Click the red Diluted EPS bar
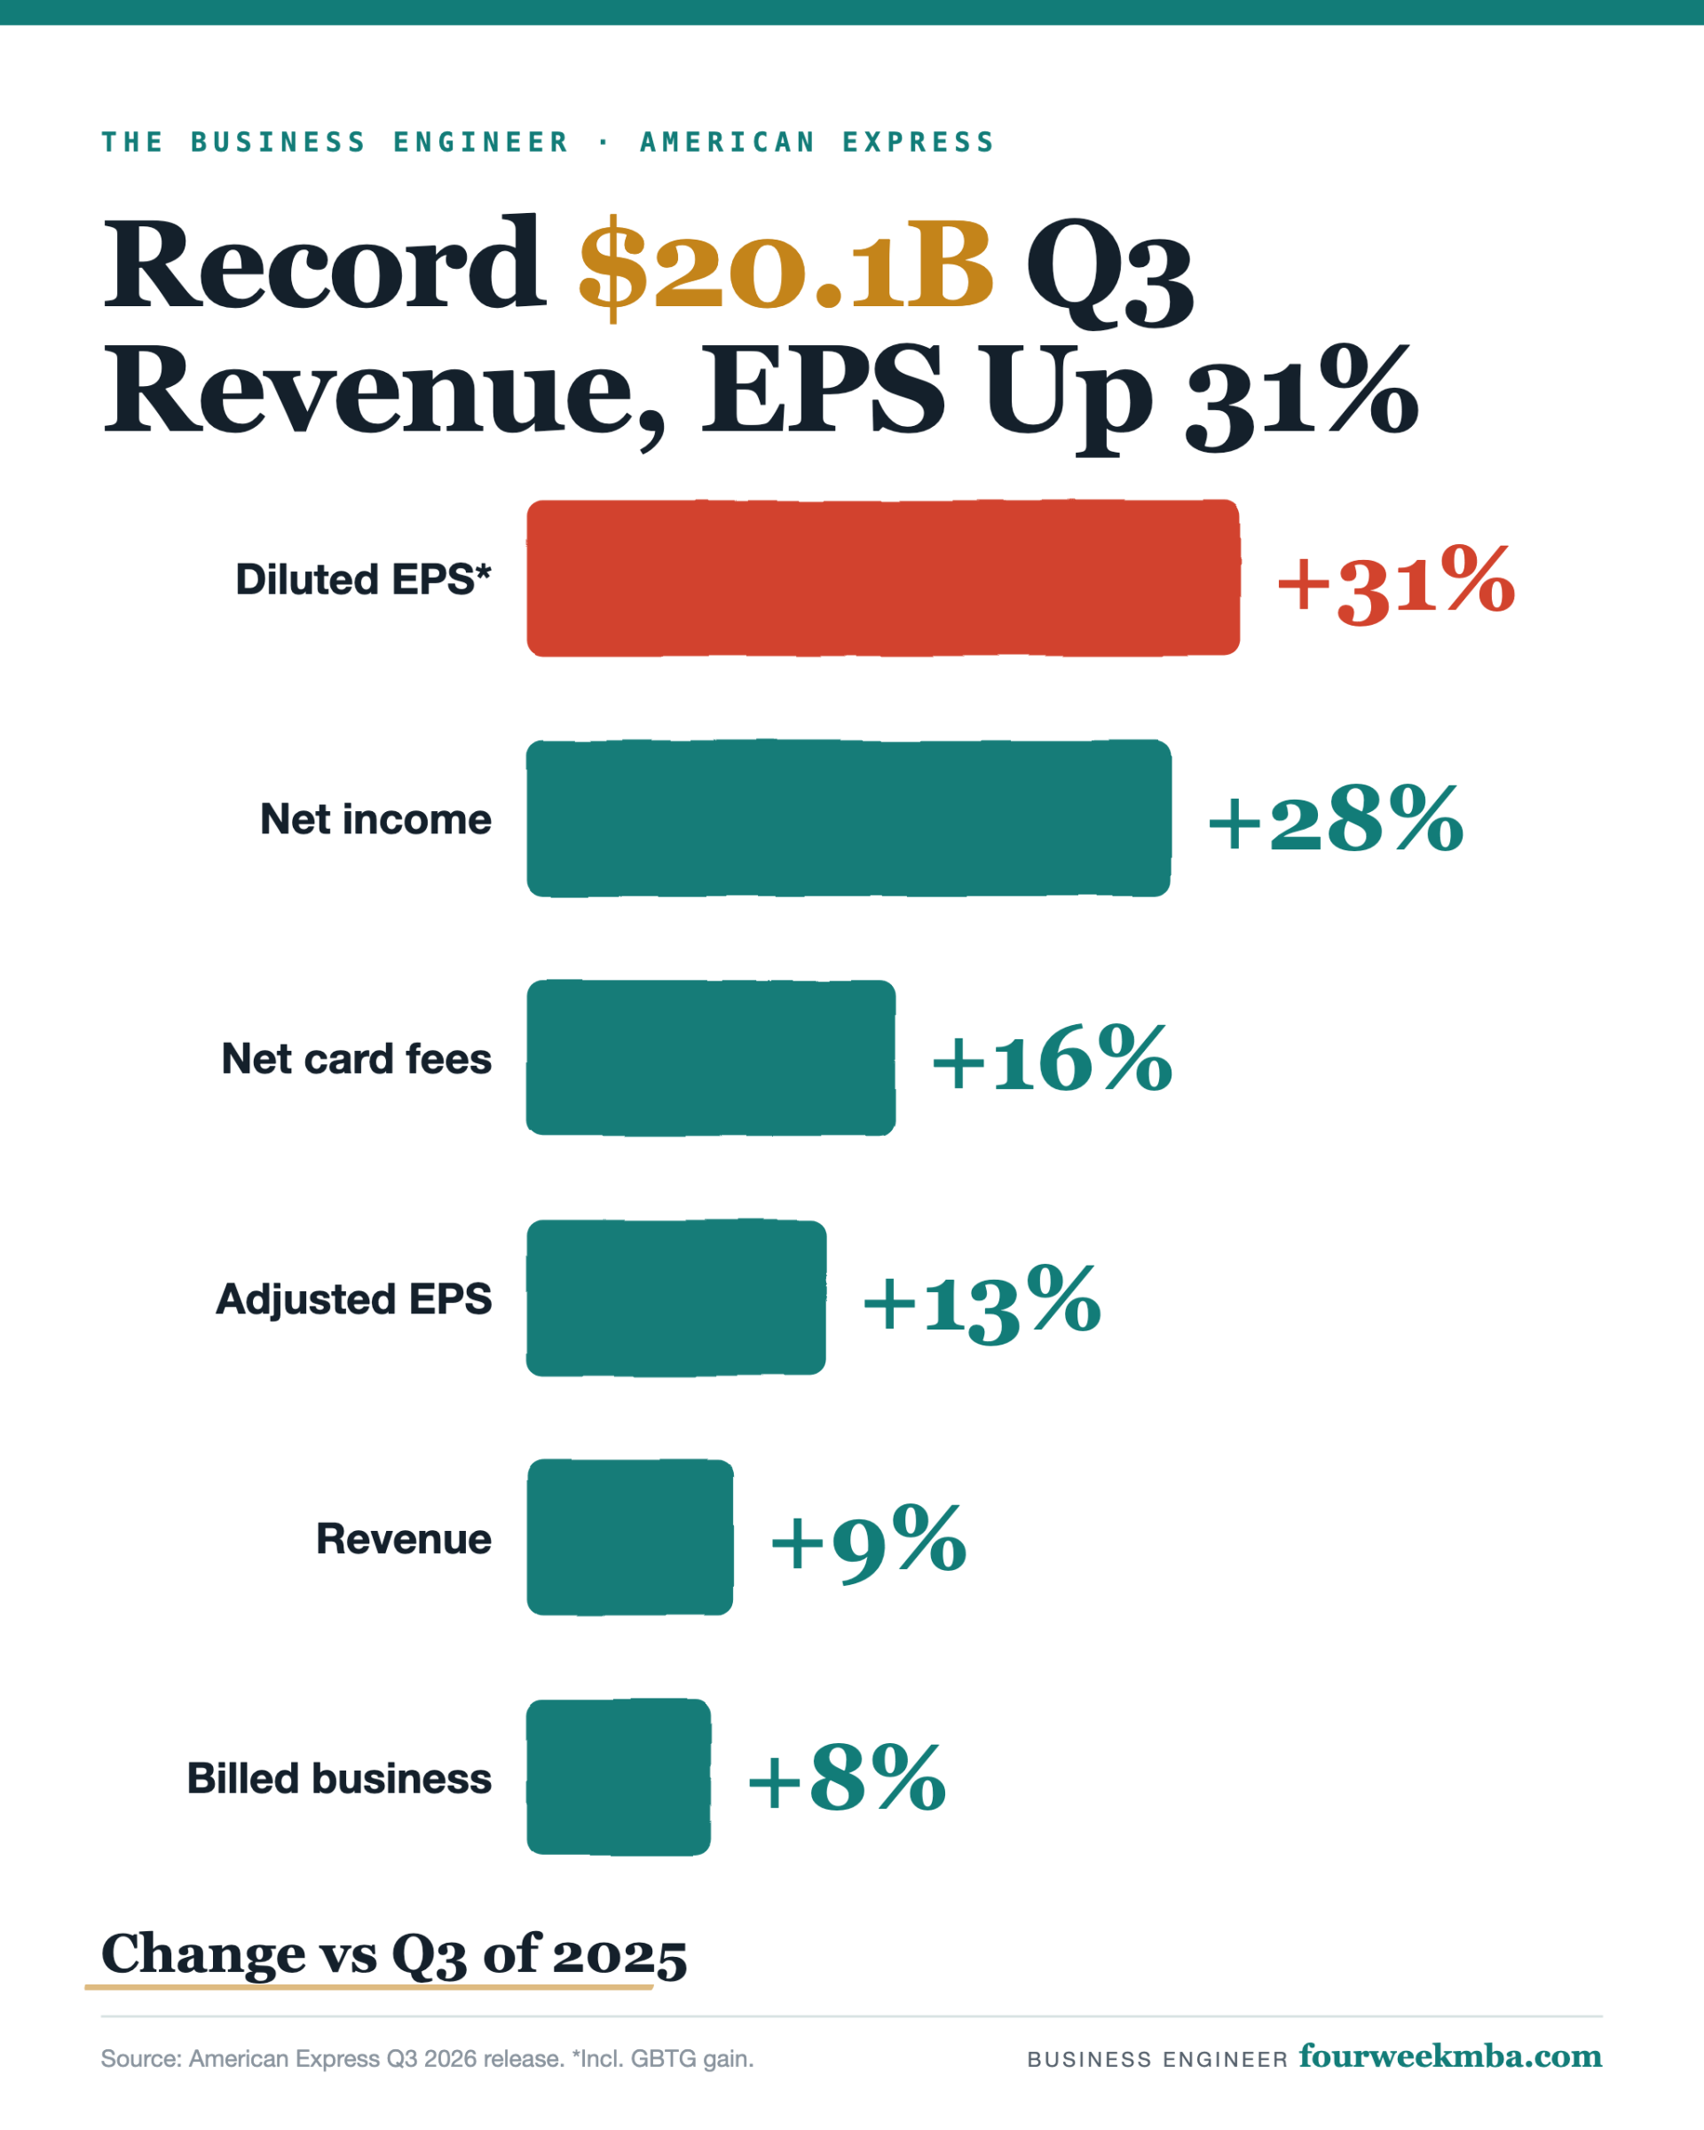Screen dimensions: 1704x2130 (x=883, y=578)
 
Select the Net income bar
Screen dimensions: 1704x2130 (x=849, y=818)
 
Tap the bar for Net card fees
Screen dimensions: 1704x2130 (x=711, y=1058)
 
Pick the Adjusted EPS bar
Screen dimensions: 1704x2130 (x=676, y=1298)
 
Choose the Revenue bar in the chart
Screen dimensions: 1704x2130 (x=630, y=1538)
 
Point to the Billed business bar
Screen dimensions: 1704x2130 (x=619, y=1778)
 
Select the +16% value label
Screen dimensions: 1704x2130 (x=1053, y=1059)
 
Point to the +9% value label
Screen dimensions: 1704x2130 (x=868, y=1543)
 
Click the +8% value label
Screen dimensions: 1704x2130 (x=848, y=1779)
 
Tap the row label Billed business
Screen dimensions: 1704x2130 (x=339, y=1779)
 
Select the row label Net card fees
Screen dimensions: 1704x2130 (x=357, y=1059)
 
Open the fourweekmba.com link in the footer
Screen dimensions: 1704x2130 (x=1450, y=2056)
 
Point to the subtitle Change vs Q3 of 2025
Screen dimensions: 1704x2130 (x=394, y=1954)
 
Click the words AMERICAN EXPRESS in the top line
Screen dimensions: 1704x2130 (x=818, y=142)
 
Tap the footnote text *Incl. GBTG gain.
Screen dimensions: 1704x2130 (x=663, y=2059)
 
